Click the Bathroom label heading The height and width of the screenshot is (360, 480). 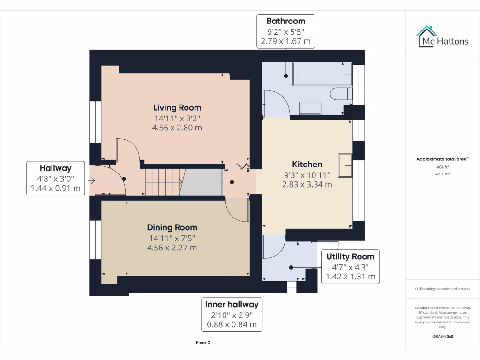click(285, 21)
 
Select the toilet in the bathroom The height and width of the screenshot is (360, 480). click(341, 94)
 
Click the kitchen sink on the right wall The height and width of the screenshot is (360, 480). click(345, 165)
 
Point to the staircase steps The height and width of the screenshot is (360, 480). click(163, 182)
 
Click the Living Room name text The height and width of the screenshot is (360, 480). click(178, 108)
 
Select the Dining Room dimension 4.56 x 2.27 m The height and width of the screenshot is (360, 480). click(172, 247)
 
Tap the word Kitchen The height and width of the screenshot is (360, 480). click(307, 164)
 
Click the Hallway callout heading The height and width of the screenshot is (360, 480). click(55, 168)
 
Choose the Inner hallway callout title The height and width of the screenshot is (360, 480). click(232, 304)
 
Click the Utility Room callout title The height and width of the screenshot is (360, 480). click(350, 256)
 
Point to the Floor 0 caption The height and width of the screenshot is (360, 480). click(203, 343)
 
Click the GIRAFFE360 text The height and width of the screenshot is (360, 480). click(442, 336)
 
